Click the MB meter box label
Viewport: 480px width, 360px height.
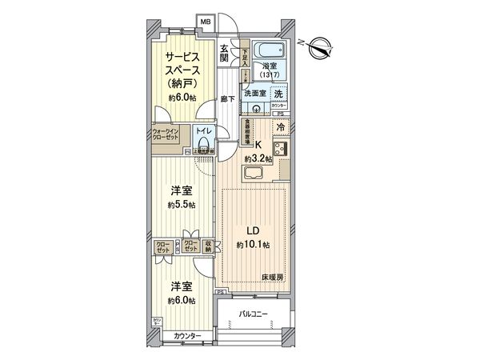click(206, 22)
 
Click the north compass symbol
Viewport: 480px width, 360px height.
click(318, 46)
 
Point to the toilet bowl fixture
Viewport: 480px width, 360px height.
click(205, 145)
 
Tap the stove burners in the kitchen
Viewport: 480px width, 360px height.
click(282, 148)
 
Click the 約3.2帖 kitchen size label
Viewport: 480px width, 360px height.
click(260, 158)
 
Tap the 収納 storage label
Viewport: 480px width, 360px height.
click(207, 247)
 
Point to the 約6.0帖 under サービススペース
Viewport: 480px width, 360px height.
click(182, 97)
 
